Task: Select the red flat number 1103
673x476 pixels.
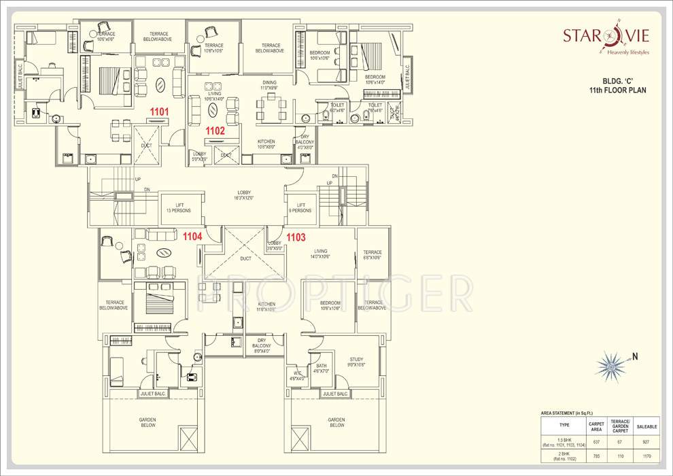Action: (x=296, y=237)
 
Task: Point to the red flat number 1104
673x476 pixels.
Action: (x=192, y=235)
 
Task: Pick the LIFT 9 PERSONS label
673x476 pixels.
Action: (x=300, y=207)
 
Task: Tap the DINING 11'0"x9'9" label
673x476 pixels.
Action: (x=269, y=86)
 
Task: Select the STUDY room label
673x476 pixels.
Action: (x=356, y=362)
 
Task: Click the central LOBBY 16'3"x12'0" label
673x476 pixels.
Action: (x=244, y=195)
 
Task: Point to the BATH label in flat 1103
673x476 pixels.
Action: (x=322, y=369)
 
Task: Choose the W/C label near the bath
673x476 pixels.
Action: (x=298, y=375)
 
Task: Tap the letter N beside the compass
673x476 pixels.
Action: (x=636, y=356)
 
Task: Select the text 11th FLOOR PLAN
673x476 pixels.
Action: (x=617, y=90)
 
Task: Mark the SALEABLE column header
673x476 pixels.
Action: (x=646, y=426)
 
